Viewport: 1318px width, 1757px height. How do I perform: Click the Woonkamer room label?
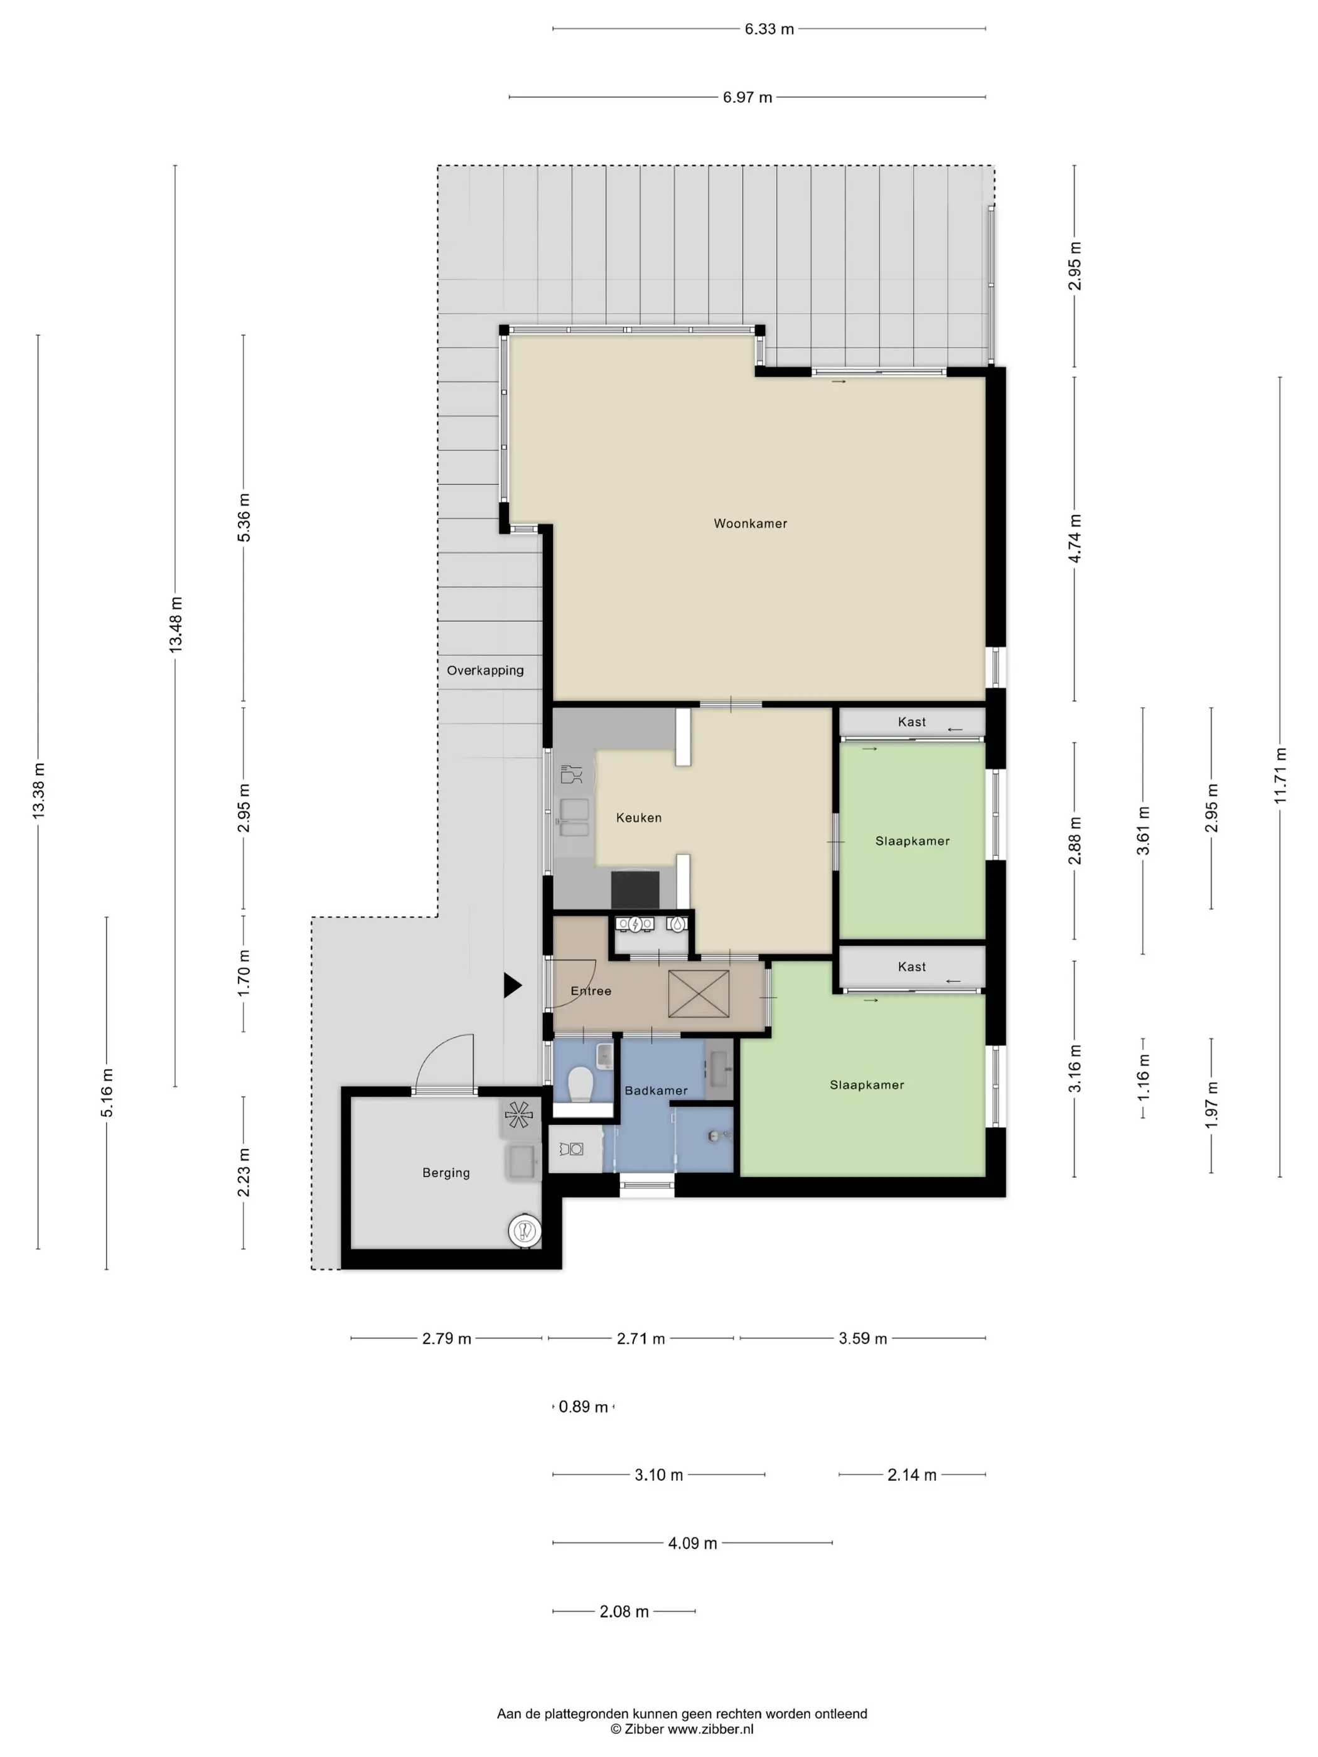point(750,523)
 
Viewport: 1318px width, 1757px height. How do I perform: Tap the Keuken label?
point(639,818)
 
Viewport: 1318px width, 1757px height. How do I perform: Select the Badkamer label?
point(656,1091)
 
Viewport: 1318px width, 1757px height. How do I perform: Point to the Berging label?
point(446,1173)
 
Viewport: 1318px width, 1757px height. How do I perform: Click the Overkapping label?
point(485,670)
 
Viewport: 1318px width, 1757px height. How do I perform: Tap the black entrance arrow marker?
point(512,986)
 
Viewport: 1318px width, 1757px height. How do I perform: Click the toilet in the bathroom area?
point(581,1084)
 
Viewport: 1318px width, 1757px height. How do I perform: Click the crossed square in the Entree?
point(699,994)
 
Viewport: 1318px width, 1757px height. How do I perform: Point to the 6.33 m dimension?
point(769,29)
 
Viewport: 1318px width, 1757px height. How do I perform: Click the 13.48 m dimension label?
point(176,625)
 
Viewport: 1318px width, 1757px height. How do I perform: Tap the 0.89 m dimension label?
point(583,1407)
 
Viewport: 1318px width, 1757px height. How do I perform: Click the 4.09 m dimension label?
point(692,1543)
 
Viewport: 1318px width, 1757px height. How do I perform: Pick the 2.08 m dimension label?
point(624,1611)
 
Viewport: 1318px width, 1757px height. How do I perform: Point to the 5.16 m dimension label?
point(107,1093)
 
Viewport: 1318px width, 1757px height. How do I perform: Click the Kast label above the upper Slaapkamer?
point(912,722)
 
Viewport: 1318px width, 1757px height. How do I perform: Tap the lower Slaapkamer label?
point(867,1085)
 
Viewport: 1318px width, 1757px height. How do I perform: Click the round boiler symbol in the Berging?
point(523,1231)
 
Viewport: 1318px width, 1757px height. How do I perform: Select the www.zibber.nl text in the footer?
point(710,1729)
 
